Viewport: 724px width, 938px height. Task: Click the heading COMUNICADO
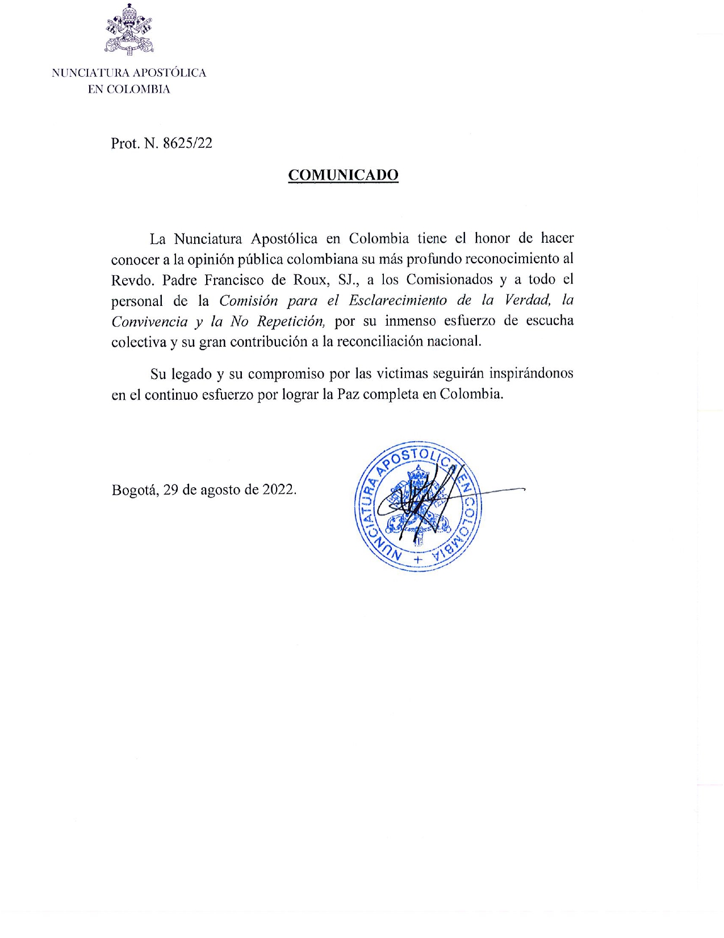[343, 175]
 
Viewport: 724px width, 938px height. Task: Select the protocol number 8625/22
[187, 143]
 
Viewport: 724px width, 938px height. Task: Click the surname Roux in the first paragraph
[311, 280]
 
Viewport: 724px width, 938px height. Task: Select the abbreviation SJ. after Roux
[348, 280]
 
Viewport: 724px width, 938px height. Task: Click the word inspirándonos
[532, 373]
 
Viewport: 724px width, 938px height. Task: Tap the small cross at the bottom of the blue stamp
[419, 559]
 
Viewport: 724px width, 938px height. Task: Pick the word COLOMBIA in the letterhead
[139, 89]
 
